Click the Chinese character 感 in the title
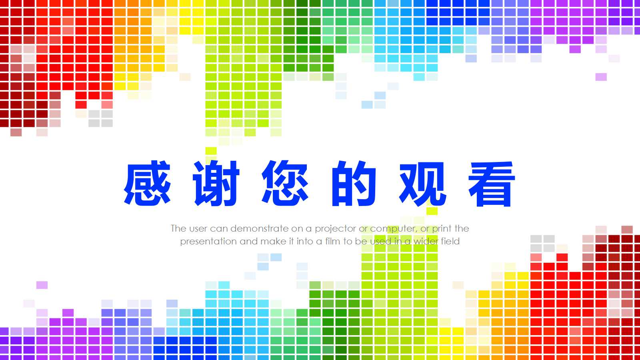click(x=147, y=184)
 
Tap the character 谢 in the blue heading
click(x=216, y=184)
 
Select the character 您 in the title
click(x=285, y=184)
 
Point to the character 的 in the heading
click(x=354, y=184)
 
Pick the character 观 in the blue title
click(x=423, y=184)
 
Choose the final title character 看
click(x=492, y=184)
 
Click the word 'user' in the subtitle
click(x=198, y=229)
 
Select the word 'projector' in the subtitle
click(x=335, y=229)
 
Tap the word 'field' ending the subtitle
click(x=450, y=241)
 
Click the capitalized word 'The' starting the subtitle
click(x=178, y=229)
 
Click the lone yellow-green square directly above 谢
click(x=211, y=151)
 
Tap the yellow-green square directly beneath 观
click(x=432, y=211)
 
